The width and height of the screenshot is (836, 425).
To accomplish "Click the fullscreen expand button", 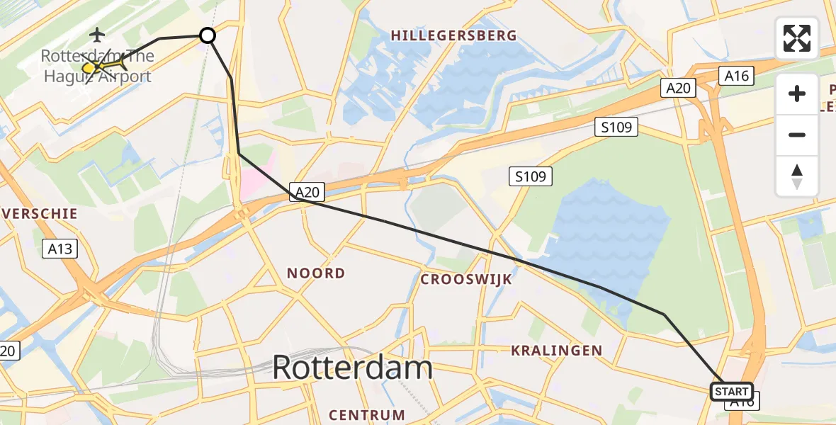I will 797,38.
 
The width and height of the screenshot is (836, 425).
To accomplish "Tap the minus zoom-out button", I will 797,135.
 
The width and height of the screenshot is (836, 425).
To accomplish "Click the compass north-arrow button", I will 797,176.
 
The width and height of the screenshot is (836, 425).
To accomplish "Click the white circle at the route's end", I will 208,35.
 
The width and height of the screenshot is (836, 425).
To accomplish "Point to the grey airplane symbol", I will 97,33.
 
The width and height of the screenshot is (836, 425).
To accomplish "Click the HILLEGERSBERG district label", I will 453,35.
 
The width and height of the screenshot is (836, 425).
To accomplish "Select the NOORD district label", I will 316,273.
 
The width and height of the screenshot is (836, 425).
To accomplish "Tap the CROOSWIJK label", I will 465,279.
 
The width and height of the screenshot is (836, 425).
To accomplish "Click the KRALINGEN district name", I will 556,350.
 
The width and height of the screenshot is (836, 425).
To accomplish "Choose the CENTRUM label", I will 367,415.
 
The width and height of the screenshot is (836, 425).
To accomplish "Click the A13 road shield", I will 59,249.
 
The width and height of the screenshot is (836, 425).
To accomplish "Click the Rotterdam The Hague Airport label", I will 97,67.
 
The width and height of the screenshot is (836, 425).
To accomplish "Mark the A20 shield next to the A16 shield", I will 679,88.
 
